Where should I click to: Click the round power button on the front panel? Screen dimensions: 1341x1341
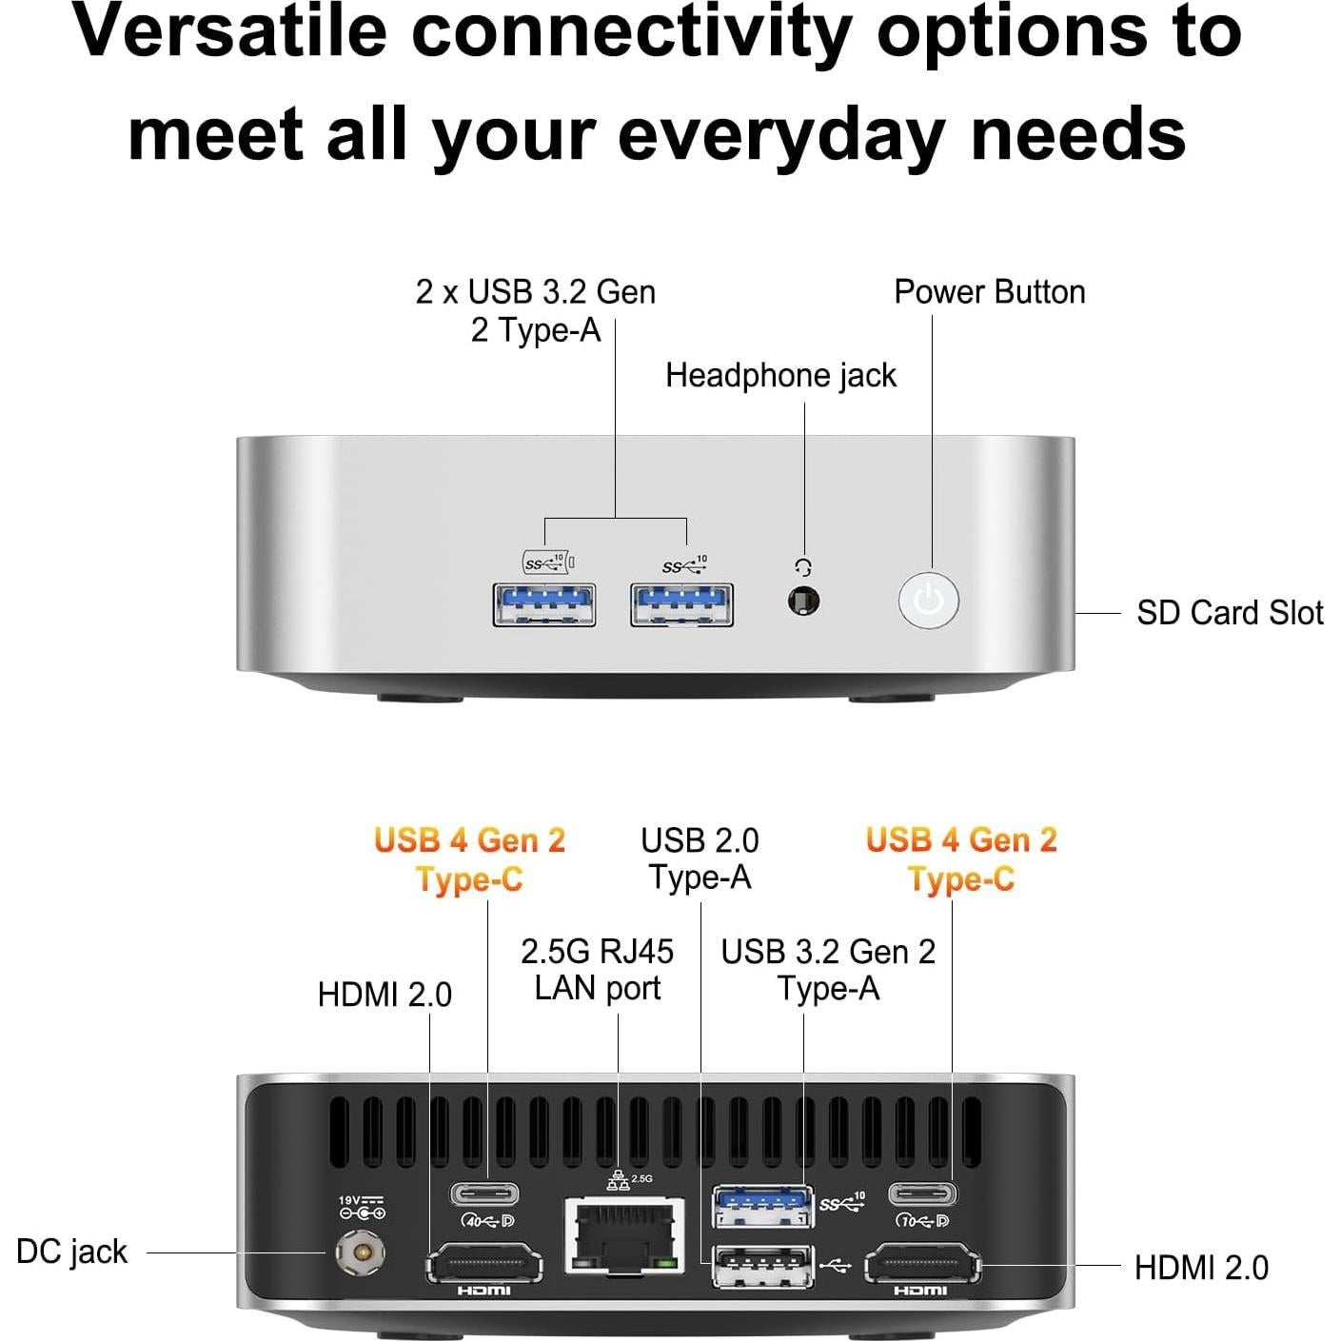(x=928, y=601)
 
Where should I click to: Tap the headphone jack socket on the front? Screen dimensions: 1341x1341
(x=804, y=601)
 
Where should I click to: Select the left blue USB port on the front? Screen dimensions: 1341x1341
(x=544, y=604)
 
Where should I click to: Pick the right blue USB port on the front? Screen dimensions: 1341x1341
(x=681, y=604)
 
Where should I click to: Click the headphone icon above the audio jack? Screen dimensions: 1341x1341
(x=803, y=568)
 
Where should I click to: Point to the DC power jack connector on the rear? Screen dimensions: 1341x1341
(x=361, y=1253)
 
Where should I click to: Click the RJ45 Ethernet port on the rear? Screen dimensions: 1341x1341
(x=624, y=1235)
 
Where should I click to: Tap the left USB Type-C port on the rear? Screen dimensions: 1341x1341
(x=484, y=1193)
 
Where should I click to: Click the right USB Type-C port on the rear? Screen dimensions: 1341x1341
(x=922, y=1193)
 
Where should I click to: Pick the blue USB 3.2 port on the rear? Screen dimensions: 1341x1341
(x=763, y=1206)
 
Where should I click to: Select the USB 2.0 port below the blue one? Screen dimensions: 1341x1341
(x=763, y=1267)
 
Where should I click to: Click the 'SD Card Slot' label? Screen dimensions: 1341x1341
(x=1229, y=613)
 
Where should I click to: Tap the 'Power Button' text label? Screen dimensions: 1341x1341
(x=989, y=292)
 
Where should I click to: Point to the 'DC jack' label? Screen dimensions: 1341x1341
(x=71, y=1252)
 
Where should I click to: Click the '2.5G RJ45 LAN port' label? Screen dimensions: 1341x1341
(x=597, y=970)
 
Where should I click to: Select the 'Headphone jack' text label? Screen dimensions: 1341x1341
(x=780, y=376)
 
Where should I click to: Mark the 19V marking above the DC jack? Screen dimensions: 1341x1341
(x=361, y=1201)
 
